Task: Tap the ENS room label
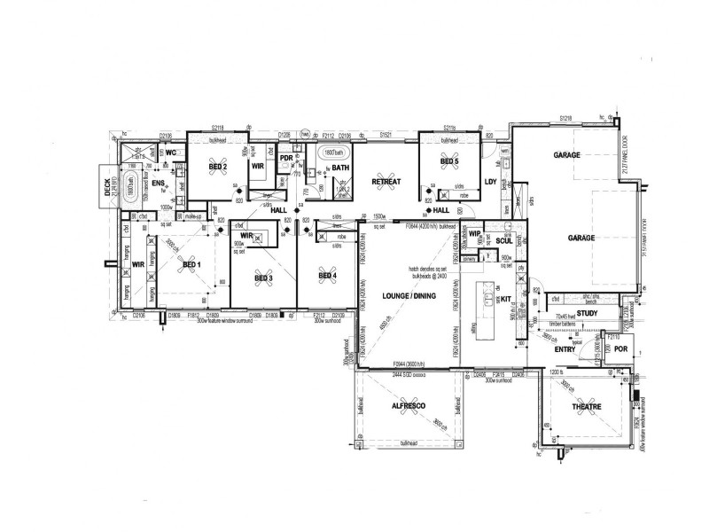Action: [159, 184]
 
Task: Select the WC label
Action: [172, 153]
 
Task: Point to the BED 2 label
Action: [219, 167]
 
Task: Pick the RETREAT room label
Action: [386, 182]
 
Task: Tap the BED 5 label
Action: [449, 160]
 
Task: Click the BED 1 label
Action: [192, 264]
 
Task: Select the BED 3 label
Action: [263, 278]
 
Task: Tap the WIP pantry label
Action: [475, 235]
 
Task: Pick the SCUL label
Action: [503, 240]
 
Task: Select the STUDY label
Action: [587, 313]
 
